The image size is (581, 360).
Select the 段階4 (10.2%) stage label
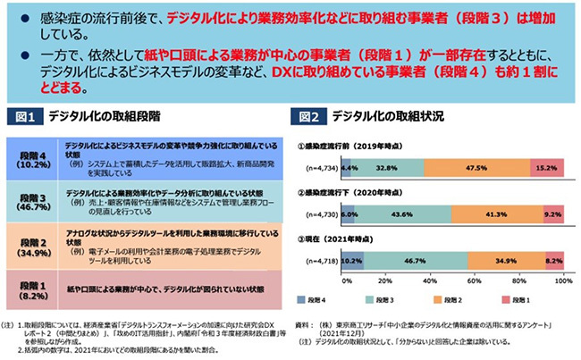34,156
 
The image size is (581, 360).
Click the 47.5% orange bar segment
469,166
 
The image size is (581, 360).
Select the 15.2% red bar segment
547,166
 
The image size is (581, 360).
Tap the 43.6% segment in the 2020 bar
401,215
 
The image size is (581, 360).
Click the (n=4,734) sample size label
319,166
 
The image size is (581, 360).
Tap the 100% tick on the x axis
562,280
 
